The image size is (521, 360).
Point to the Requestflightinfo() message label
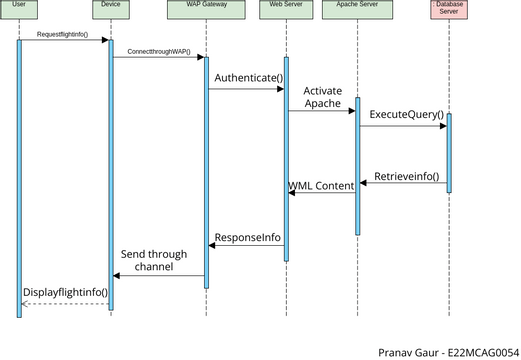[x=63, y=35]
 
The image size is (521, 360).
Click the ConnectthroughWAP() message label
[x=158, y=51]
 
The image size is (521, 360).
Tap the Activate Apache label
[x=322, y=97]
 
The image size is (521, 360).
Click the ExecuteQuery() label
[x=404, y=115]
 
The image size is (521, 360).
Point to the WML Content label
[x=321, y=186]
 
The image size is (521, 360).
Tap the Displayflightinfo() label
[x=65, y=291]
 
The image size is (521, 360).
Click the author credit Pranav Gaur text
[x=447, y=352]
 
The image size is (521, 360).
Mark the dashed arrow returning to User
[x=65, y=303]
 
